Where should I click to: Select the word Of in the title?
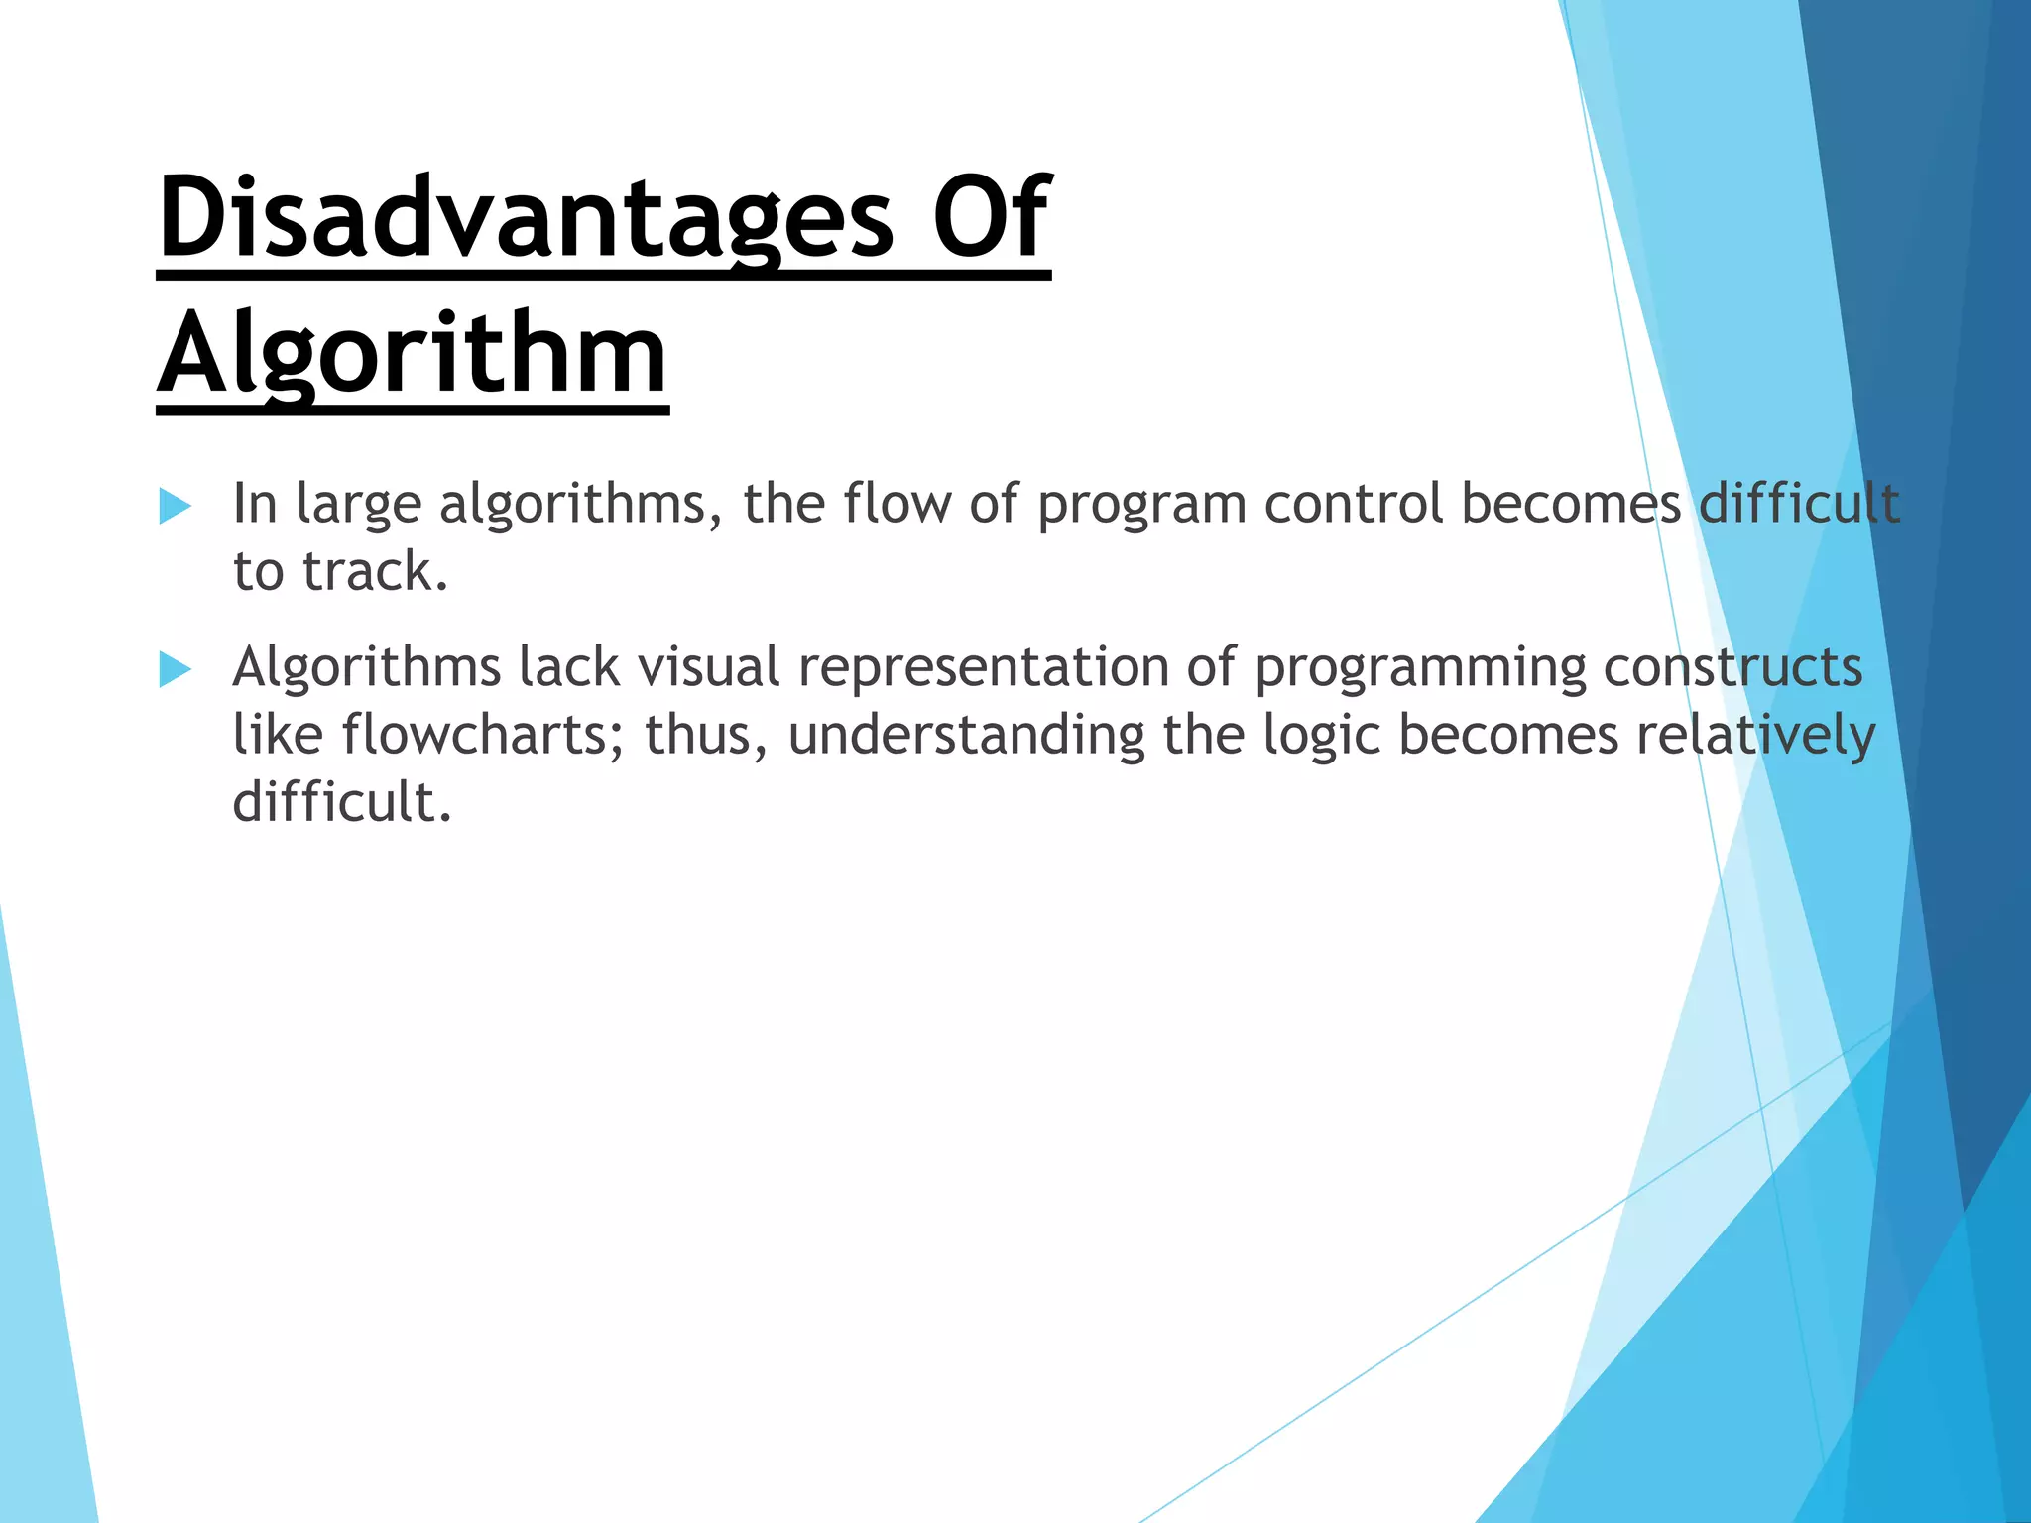990,216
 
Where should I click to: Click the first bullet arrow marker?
175,506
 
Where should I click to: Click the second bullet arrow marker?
175,669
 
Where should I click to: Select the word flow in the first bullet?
896,503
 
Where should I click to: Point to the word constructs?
1732,666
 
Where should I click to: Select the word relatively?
1755,735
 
